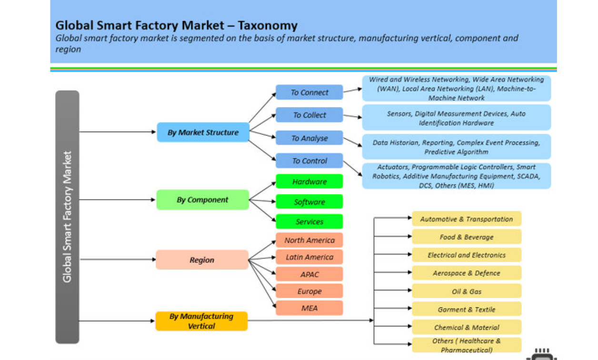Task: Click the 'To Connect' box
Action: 309,92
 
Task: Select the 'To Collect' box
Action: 309,115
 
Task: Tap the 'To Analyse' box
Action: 309,138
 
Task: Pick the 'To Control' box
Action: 309,161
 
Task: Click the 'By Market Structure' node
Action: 203,132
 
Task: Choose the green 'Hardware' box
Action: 309,181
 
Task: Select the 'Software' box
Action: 309,202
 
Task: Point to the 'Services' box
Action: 309,222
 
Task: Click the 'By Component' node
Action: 203,200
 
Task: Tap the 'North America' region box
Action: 309,240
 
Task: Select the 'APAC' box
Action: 309,274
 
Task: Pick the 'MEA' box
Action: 309,308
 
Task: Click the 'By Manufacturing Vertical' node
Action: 201,321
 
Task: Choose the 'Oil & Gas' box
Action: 467,291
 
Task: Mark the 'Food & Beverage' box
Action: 467,237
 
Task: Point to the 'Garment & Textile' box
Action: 467,310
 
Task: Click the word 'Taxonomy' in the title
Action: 268,25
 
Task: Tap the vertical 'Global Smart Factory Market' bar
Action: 67,217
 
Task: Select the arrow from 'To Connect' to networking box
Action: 352,90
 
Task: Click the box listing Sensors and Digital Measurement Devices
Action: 456,118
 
